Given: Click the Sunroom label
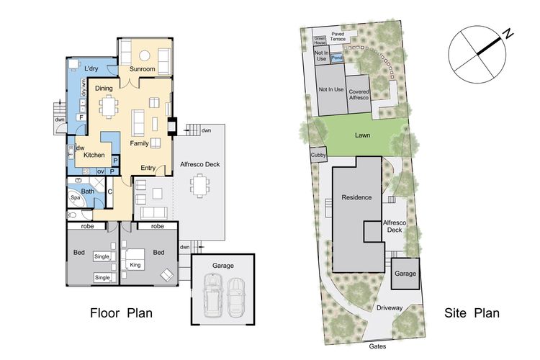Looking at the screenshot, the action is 143,69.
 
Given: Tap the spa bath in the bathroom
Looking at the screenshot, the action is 76,198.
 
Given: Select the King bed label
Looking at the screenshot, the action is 135,265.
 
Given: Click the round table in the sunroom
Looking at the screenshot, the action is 145,55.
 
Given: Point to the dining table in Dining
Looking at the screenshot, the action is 109,107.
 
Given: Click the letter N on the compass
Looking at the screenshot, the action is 508,34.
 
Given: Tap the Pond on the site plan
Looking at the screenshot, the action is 337,58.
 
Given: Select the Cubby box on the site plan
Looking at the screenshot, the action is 318,155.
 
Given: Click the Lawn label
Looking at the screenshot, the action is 362,135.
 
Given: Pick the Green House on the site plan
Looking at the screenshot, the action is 320,40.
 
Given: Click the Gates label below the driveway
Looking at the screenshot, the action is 377,346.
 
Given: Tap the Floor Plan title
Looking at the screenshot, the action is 121,312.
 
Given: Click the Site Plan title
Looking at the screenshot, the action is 472,312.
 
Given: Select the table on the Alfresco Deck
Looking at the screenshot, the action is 199,186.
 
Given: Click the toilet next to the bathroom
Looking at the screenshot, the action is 72,215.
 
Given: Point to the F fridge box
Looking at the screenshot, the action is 81,117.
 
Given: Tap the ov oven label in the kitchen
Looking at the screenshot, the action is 101,171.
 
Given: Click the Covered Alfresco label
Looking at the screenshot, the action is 359,95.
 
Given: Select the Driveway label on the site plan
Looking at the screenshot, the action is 390,307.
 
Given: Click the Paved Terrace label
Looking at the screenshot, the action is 338,37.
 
